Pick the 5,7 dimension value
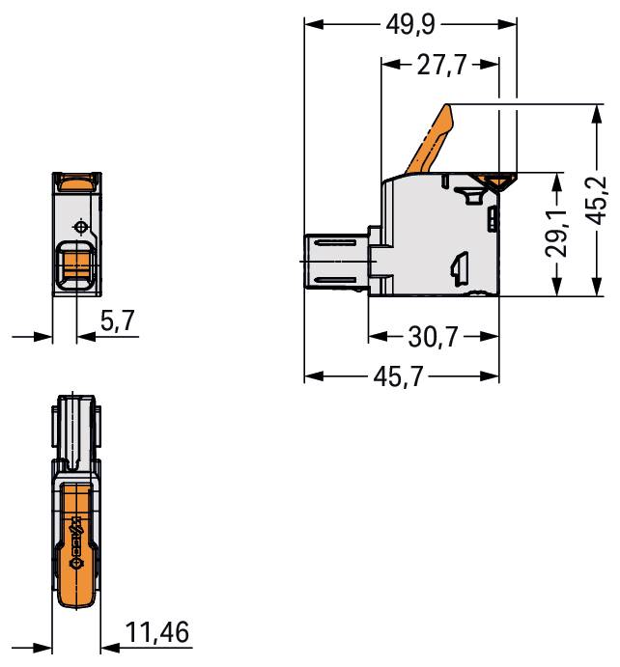[119, 322]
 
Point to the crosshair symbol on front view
[79, 227]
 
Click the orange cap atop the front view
[75, 179]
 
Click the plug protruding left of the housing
[334, 261]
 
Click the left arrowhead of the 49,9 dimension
[310, 24]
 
